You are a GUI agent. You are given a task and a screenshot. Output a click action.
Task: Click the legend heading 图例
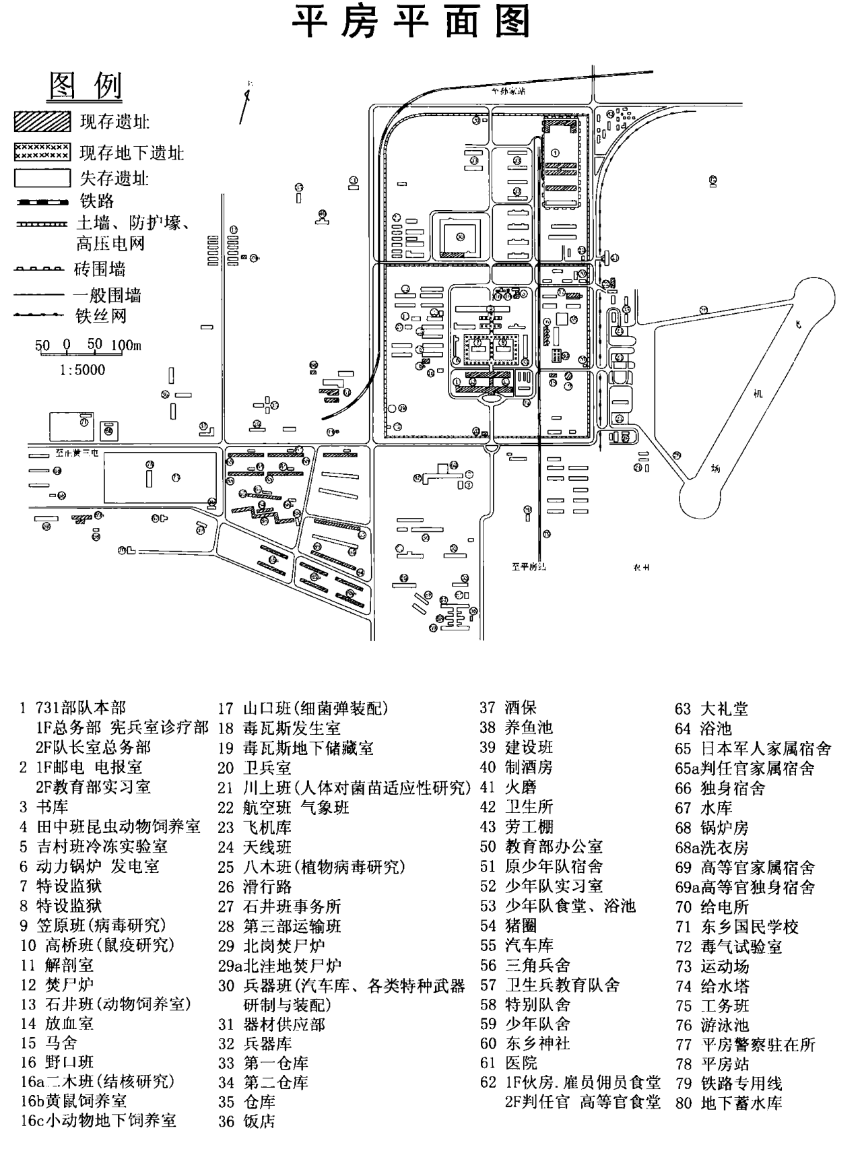coord(86,86)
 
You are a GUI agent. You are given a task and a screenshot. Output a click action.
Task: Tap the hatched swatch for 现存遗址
coord(42,122)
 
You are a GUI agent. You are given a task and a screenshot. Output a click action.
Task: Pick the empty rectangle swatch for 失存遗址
coord(42,178)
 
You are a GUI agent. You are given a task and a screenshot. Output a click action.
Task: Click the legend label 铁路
coord(97,201)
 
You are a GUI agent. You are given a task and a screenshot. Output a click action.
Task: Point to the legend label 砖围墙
coord(100,269)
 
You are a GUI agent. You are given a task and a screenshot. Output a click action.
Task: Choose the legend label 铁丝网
coord(100,316)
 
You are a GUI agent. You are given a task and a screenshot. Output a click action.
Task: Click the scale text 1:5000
coord(82,370)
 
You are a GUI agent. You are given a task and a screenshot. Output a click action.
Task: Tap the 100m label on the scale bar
coord(126,346)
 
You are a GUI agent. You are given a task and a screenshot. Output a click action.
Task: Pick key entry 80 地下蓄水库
coord(729,1103)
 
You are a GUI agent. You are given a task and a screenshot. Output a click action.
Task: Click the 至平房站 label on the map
coord(528,567)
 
